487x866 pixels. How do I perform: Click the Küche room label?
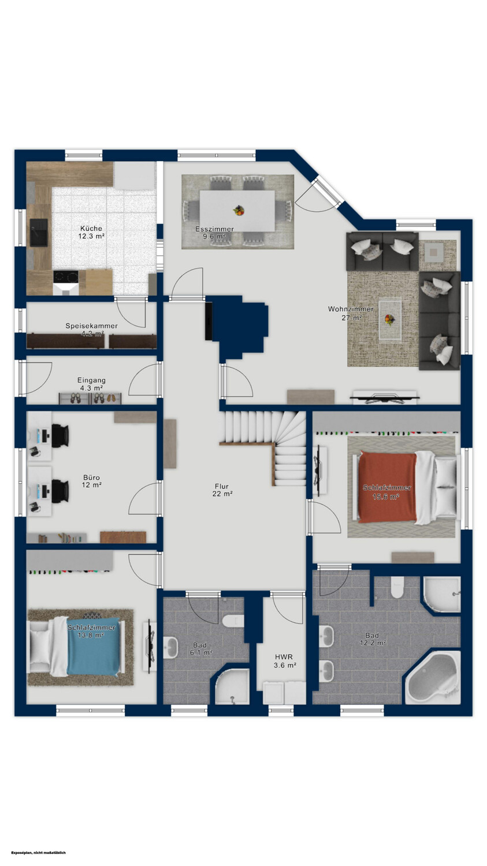91,228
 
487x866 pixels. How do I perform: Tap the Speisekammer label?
91,326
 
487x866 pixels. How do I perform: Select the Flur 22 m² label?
222,490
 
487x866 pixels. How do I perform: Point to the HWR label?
284,657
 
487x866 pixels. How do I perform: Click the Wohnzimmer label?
351,309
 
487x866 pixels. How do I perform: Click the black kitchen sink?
39,232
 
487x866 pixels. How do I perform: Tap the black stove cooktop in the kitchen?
66,277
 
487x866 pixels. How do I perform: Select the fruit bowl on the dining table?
239,210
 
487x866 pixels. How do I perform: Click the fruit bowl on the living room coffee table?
389,319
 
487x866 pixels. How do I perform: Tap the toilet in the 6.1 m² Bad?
233,621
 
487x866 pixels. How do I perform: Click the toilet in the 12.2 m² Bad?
397,587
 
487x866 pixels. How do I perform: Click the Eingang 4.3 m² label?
91,384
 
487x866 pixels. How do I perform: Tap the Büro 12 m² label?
92,481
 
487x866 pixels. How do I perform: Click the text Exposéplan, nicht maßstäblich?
39,853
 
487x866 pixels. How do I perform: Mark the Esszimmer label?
214,232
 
